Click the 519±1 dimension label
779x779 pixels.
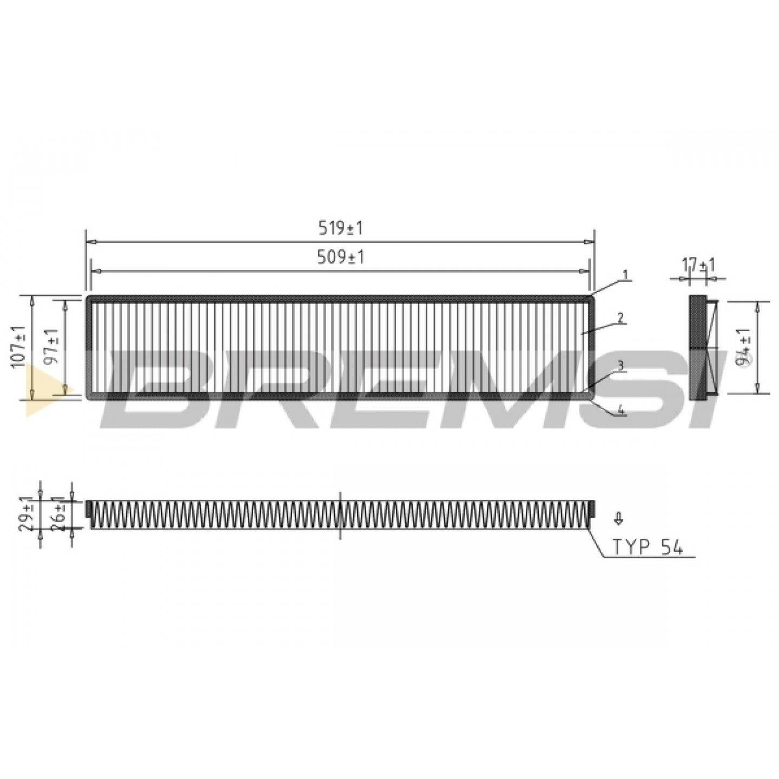coord(340,229)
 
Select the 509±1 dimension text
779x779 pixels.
coord(340,257)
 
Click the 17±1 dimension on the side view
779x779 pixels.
coord(698,266)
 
